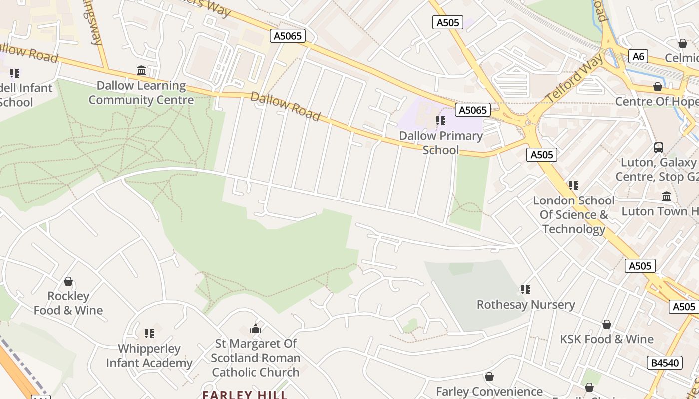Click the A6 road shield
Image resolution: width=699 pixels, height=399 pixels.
(638, 56)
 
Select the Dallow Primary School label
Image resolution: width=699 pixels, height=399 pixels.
(441, 143)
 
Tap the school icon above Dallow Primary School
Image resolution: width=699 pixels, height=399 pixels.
(441, 120)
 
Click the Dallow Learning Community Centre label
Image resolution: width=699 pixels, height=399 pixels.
(141, 93)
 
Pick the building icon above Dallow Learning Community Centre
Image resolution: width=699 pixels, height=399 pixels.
(141, 71)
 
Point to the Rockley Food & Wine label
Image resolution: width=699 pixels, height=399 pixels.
(68, 303)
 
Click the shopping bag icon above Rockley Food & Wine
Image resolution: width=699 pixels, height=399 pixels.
(68, 281)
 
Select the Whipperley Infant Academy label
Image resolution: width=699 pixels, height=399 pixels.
(149, 356)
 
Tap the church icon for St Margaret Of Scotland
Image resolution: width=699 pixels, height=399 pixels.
(256, 329)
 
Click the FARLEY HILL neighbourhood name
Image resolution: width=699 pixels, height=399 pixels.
(245, 395)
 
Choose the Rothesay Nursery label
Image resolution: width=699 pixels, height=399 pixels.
(526, 304)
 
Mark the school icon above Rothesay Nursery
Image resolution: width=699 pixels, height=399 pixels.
(525, 289)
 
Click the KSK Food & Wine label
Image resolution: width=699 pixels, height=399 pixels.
(606, 339)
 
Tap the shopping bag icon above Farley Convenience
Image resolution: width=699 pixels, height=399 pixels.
(489, 377)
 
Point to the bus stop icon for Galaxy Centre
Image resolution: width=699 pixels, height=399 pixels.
(659, 148)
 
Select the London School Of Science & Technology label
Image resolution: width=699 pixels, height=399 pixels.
(574, 215)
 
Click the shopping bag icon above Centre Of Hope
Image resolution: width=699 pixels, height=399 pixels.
(658, 87)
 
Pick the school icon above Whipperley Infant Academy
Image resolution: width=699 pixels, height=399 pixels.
(149, 333)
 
